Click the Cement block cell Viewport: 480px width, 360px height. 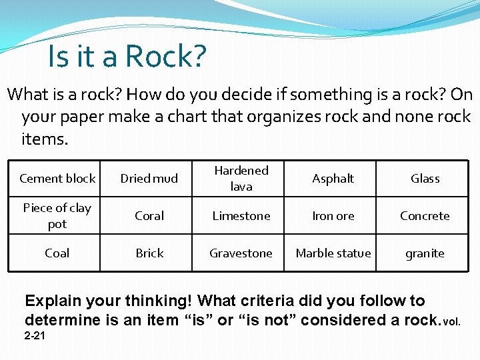[57, 179]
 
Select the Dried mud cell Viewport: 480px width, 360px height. [149, 179]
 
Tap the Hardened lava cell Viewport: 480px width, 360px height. [241, 179]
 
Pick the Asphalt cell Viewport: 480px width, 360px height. [333, 179]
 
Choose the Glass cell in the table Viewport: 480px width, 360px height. [425, 179]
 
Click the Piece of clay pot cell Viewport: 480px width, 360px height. [57, 216]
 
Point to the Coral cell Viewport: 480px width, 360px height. [149, 216]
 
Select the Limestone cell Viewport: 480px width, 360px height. [241, 216]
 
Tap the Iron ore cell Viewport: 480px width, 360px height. [333, 216]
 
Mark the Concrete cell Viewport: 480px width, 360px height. [425, 216]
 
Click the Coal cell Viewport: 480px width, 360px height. [57, 253]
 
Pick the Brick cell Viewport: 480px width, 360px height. [149, 253]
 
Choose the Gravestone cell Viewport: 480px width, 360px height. [241, 253]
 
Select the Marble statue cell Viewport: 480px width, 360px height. [333, 253]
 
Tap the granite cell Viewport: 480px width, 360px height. [425, 253]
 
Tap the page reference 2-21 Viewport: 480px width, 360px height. [35, 336]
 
